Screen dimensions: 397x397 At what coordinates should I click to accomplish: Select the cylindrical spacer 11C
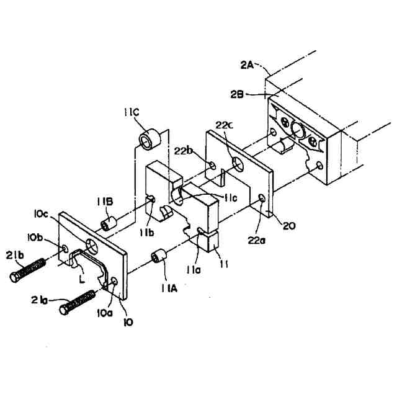click(149, 140)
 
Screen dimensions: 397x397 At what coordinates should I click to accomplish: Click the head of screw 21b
click(16, 277)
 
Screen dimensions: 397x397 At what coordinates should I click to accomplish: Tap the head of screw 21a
click(64, 308)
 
